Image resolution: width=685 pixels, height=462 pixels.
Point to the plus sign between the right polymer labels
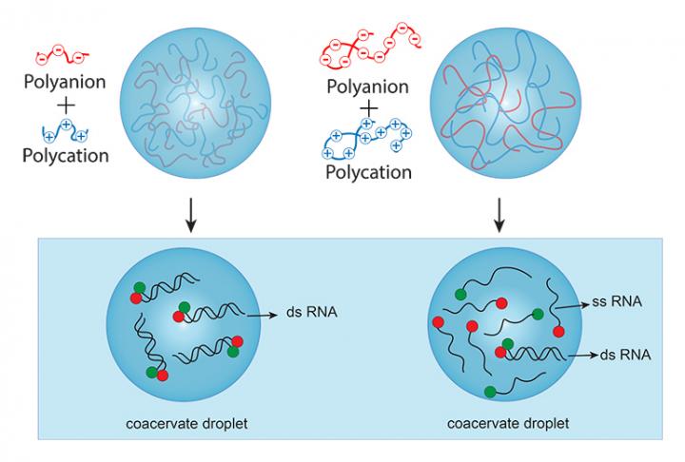pyautogui.click(x=367, y=107)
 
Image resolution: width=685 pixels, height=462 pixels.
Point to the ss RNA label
pyautogui.click(x=619, y=302)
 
